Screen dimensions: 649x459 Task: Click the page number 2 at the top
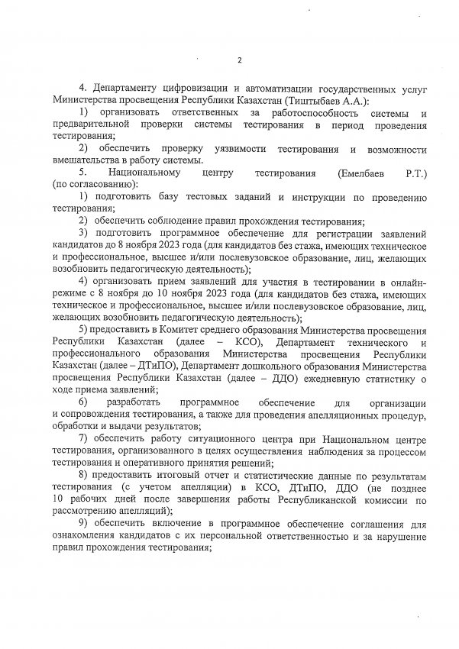coord(239,60)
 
